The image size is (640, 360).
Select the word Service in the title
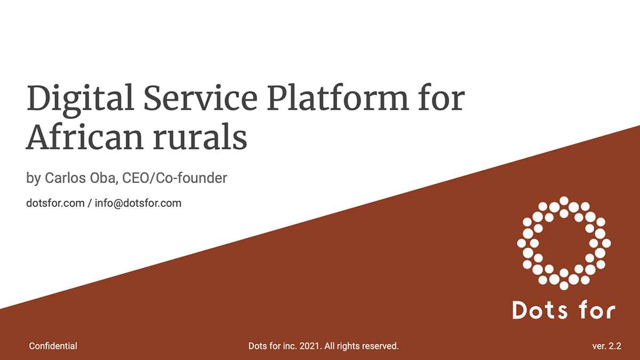(201, 98)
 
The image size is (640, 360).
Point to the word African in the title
(85, 137)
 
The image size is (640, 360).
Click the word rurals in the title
(200, 137)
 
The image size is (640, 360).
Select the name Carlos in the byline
(65, 178)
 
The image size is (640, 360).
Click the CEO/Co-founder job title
(174, 178)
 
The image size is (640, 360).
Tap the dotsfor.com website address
(55, 203)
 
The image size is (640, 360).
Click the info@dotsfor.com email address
(138, 203)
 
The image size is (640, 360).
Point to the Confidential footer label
(53, 346)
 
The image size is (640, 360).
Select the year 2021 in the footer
(310, 346)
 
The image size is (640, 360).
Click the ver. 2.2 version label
(606, 346)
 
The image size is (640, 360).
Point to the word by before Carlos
(34, 179)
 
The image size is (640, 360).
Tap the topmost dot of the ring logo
(564, 201)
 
